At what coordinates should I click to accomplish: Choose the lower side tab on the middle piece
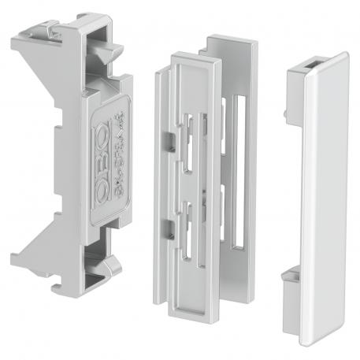(x=169, y=229)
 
